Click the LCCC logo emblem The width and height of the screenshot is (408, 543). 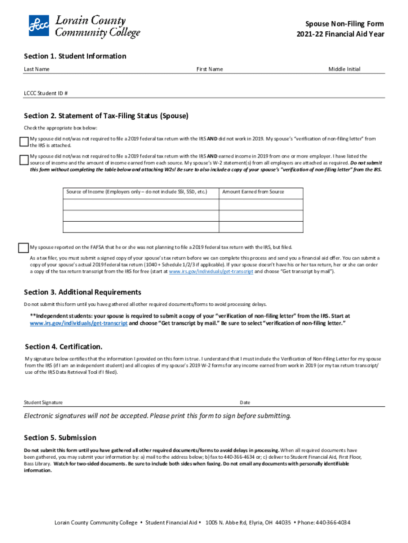click(39, 25)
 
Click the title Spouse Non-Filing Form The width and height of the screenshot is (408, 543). click(344, 24)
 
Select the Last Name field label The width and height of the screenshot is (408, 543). click(37, 69)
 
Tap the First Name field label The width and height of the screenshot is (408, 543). click(209, 69)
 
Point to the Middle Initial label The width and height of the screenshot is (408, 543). click(344, 69)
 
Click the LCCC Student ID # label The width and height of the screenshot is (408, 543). click(46, 93)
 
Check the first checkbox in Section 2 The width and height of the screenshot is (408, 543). click(23, 142)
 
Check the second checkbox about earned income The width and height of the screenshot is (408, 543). click(23, 160)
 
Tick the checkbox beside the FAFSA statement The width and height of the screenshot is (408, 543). click(23, 248)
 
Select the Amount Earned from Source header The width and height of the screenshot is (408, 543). click(253, 192)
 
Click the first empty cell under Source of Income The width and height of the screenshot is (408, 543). click(141, 205)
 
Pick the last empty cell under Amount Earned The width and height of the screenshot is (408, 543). click(261, 227)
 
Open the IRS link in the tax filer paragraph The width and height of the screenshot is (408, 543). click(211, 271)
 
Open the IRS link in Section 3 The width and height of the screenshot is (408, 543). click(78, 323)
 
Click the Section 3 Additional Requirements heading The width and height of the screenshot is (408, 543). click(83, 292)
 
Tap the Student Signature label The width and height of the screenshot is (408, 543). click(43, 402)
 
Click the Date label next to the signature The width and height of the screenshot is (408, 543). click(245, 402)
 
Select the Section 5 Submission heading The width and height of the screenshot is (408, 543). click(60, 437)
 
